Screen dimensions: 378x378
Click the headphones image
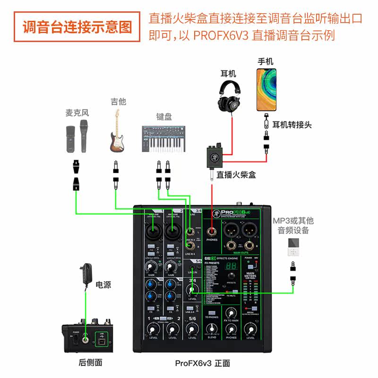tap(231, 97)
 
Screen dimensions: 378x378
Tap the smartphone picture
tap(266, 90)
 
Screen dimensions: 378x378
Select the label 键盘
tap(164, 116)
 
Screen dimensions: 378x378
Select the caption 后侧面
tap(90, 363)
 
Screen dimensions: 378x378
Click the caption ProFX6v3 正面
tap(202, 363)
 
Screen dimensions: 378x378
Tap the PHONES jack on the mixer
tap(213, 232)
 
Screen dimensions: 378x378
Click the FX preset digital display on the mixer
tap(232, 266)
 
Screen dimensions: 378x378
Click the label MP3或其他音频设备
tap(293, 225)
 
